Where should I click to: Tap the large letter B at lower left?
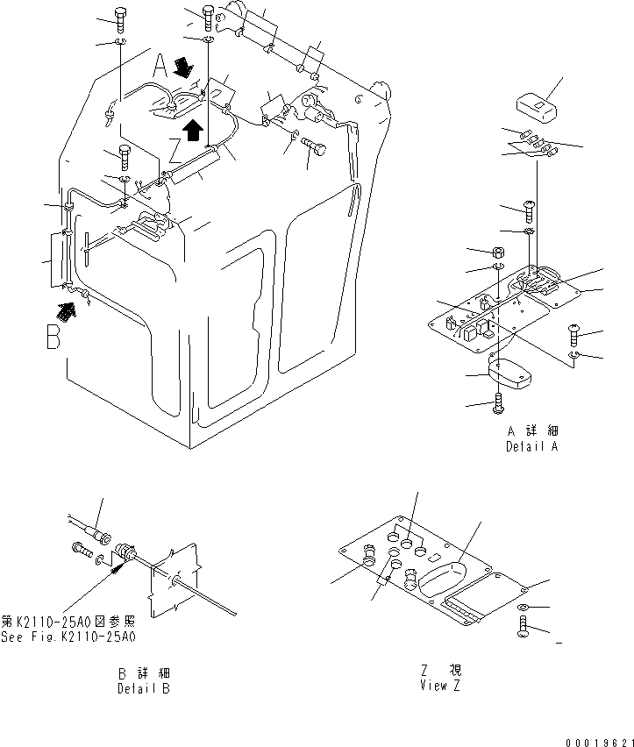pyautogui.click(x=54, y=338)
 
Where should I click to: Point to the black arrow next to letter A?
pyautogui.click(x=185, y=66)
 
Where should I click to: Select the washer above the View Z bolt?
pyautogui.click(x=522, y=607)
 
